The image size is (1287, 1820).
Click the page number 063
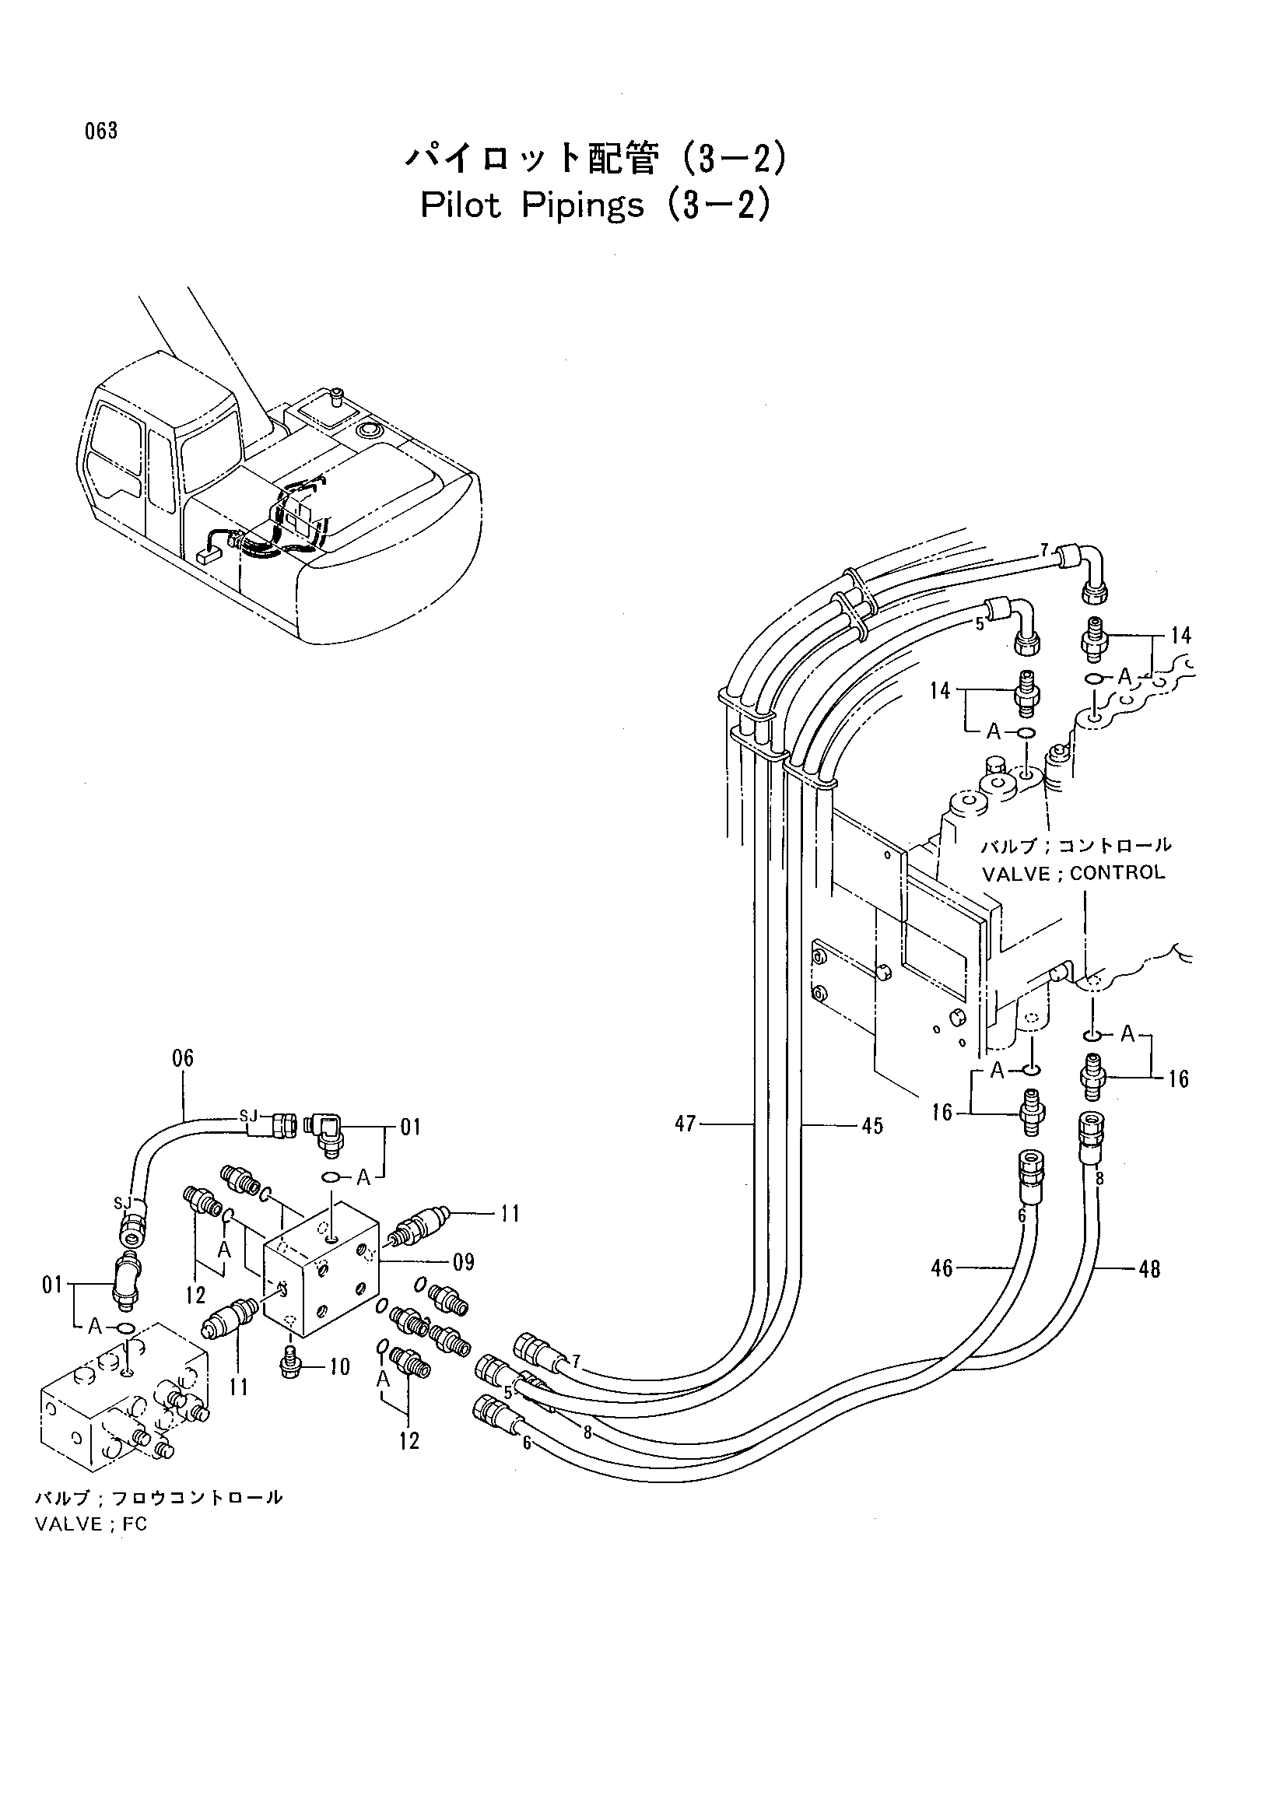click(101, 131)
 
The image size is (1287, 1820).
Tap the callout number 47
click(686, 1124)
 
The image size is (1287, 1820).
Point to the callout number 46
click(942, 1268)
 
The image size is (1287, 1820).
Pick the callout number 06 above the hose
click(182, 1058)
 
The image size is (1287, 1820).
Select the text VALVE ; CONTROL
click(1074, 873)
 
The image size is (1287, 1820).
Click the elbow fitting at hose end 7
click(1083, 574)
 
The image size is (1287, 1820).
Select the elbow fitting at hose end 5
click(1020, 626)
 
